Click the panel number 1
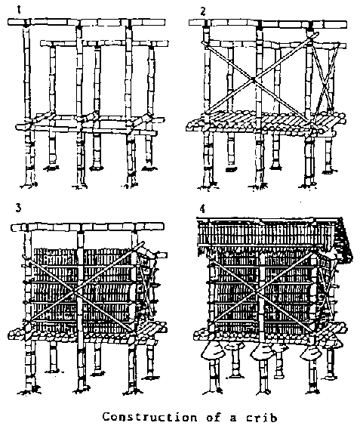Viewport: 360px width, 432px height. pyautogui.click(x=19, y=10)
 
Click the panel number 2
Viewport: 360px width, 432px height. pyautogui.click(x=203, y=12)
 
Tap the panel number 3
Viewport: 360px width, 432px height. pyautogui.click(x=18, y=208)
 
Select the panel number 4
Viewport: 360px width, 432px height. pyautogui.click(x=202, y=209)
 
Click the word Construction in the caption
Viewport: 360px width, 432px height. pyautogui.click(x=149, y=417)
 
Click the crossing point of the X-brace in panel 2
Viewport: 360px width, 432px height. pyautogui.click(x=254, y=80)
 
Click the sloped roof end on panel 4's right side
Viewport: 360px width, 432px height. pyautogui.click(x=346, y=239)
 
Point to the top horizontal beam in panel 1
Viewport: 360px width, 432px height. pyautogui.click(x=87, y=22)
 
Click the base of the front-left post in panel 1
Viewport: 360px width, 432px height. pyautogui.click(x=29, y=185)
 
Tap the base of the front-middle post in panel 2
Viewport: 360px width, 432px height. pyautogui.click(x=259, y=187)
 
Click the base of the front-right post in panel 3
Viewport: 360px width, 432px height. pyautogui.click(x=133, y=390)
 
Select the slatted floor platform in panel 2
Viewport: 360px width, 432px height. pyautogui.click(x=266, y=122)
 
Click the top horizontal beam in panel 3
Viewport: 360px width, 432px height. pyautogui.click(x=88, y=227)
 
